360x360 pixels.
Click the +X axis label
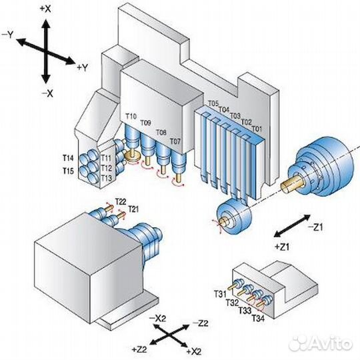click(45, 9)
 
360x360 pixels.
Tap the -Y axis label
click(8, 35)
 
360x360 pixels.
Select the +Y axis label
click(83, 67)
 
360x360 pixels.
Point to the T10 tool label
click(131, 116)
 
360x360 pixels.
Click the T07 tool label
click(175, 141)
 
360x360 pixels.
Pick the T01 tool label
click(257, 129)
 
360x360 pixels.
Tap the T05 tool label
click(213, 103)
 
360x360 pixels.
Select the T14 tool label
click(68, 158)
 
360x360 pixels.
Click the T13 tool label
click(106, 178)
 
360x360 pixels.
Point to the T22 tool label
click(121, 202)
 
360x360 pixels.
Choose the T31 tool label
click(220, 293)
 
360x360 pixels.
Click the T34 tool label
click(258, 318)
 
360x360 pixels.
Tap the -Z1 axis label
click(315, 227)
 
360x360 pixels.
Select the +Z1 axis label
click(282, 247)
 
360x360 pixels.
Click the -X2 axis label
click(157, 319)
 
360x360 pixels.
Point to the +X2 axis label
click(194, 351)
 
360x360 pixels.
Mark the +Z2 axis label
click(139, 349)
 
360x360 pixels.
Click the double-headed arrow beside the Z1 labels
click(292, 226)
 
